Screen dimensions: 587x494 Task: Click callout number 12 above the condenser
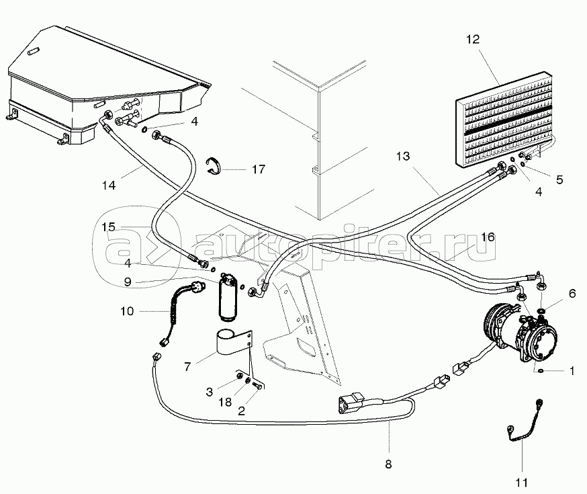pos(473,40)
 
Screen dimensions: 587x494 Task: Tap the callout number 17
pos(259,169)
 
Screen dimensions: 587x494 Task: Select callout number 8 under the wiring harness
pos(388,464)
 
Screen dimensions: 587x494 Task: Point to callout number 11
pos(521,483)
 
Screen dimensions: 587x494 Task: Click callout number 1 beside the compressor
pos(572,371)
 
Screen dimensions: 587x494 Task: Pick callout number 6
pos(572,293)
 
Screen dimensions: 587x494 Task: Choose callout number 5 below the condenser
pos(559,179)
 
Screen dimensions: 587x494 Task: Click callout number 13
pos(403,156)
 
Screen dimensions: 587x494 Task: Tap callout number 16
pos(488,237)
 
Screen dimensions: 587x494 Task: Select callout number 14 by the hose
pos(109,185)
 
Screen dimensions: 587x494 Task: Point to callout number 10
pos(127,311)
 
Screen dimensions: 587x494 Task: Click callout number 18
pos(225,402)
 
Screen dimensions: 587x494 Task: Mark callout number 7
pos(187,366)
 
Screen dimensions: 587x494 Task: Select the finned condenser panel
pos(504,119)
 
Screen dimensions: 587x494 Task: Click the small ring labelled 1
pos(540,371)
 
